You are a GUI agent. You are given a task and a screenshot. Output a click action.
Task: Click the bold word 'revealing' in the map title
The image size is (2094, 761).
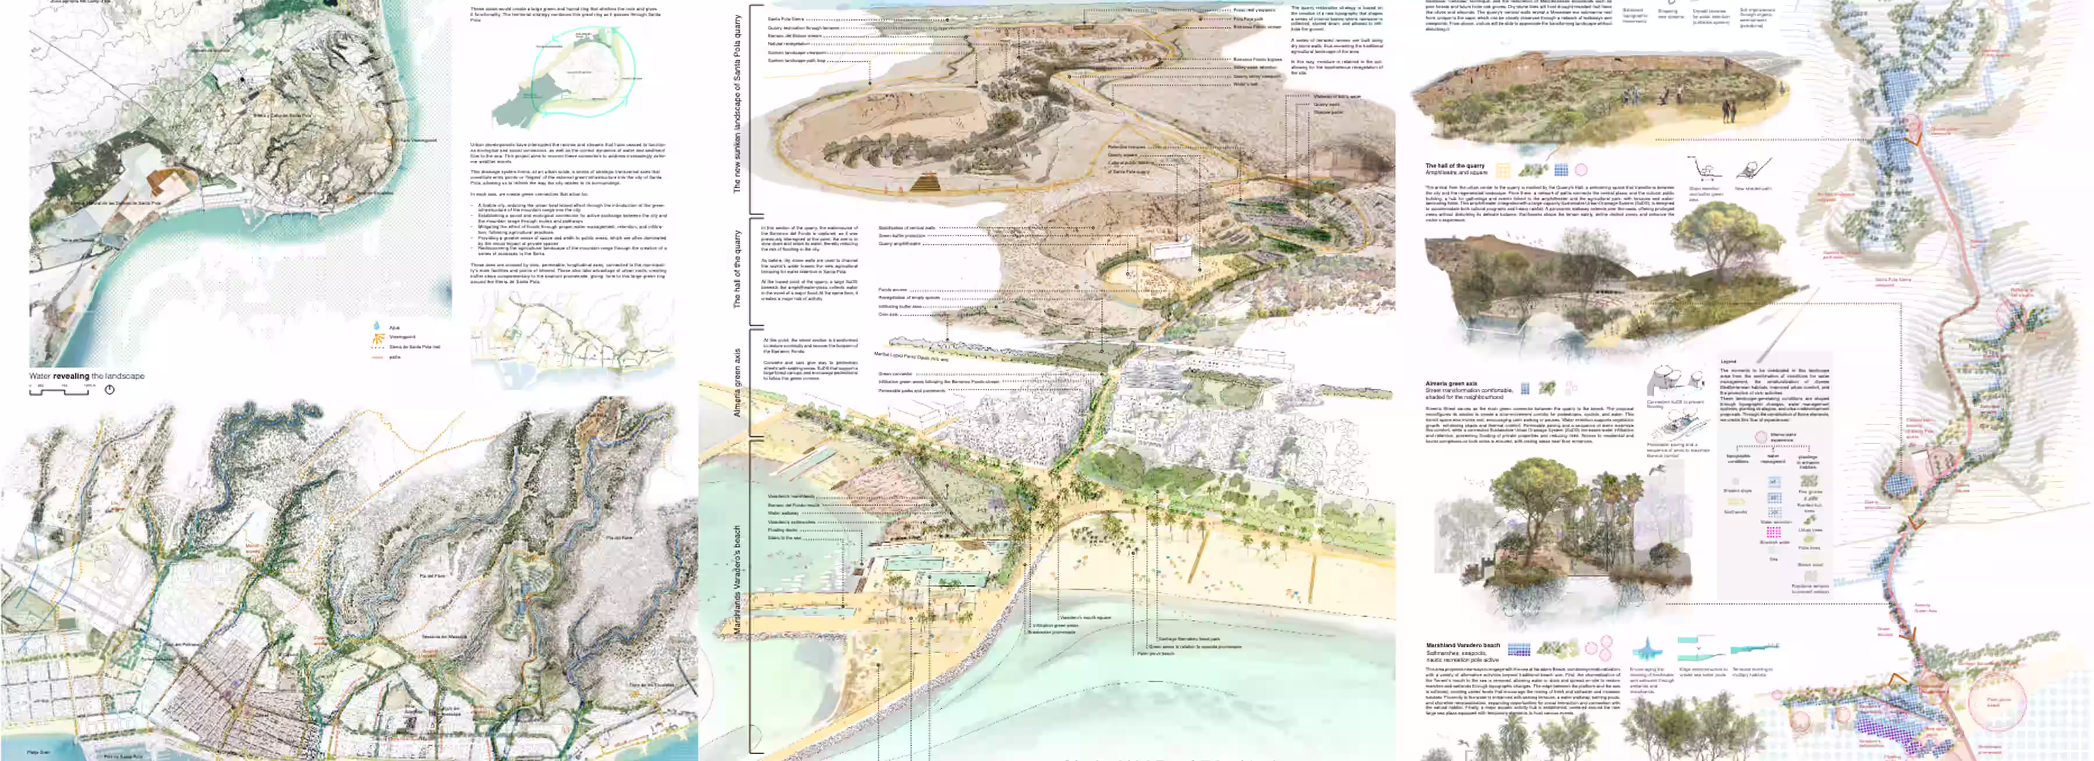coord(72,376)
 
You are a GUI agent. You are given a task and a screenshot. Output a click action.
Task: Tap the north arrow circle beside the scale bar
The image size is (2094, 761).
coord(110,390)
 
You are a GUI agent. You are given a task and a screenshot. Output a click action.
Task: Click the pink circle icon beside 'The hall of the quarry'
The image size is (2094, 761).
coord(1581,170)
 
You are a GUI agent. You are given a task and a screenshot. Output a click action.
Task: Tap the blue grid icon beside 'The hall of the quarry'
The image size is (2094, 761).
coord(1561,170)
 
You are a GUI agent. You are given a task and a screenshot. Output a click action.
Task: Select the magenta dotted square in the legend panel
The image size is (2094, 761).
coord(1774,532)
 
